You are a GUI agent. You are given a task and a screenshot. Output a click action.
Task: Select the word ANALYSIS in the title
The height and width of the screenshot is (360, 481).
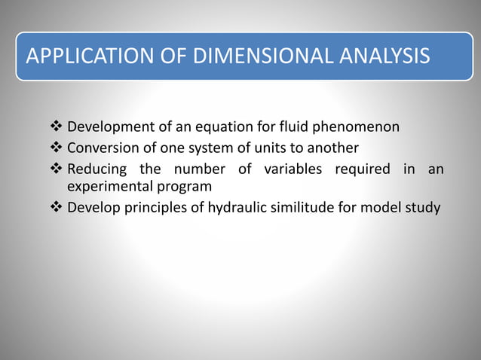[383, 56]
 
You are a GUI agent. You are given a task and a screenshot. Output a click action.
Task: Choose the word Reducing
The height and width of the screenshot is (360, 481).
[94, 168]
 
